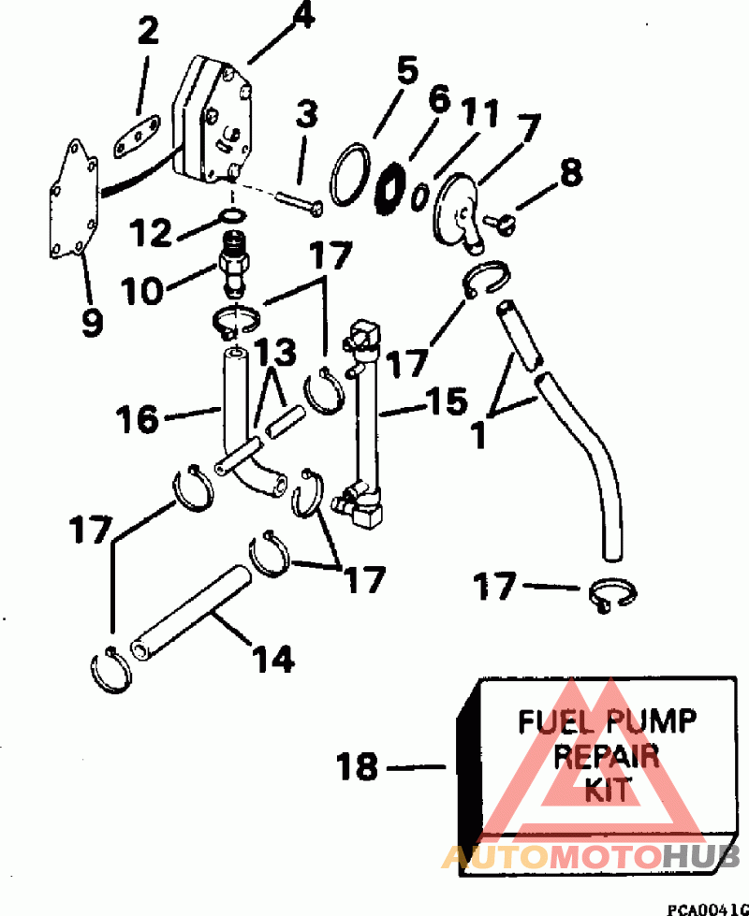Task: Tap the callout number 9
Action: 92,323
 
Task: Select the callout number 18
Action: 358,766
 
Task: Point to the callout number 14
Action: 272,659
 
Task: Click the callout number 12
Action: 150,232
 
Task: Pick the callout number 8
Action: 571,173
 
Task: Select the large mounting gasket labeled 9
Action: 74,198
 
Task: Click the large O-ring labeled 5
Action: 350,175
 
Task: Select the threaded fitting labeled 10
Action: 233,264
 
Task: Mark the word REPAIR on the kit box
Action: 606,756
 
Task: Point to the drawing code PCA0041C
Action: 708,909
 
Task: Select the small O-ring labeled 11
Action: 419,196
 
